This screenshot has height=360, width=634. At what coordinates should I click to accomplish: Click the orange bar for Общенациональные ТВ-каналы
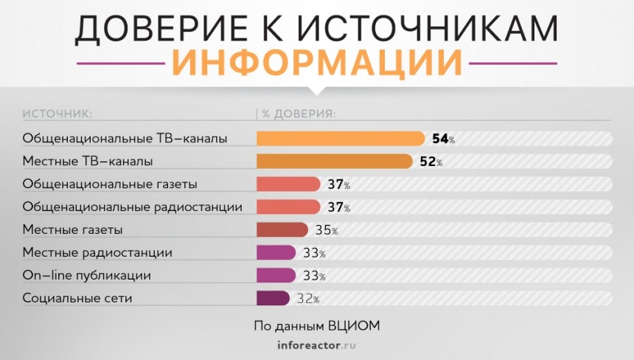click(341, 139)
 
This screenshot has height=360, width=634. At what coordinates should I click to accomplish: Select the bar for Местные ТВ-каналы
click(334, 162)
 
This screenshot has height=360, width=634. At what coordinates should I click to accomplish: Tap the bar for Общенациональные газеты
click(288, 184)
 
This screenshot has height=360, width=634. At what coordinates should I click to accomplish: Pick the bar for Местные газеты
click(282, 230)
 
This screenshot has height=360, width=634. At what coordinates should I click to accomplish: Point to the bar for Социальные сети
click(273, 299)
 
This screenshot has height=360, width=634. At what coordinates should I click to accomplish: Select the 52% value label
click(430, 162)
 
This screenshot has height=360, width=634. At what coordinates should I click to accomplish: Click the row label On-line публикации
click(87, 276)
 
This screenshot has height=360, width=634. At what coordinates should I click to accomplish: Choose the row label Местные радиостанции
click(97, 253)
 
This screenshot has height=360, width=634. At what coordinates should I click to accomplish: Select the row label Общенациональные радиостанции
click(133, 207)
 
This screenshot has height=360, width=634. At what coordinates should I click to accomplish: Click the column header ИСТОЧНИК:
click(56, 114)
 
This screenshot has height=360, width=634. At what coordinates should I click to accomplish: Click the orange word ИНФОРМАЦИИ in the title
click(317, 62)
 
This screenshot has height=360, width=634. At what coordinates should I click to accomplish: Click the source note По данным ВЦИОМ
click(316, 325)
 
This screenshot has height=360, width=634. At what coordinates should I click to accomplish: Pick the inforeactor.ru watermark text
click(317, 345)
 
